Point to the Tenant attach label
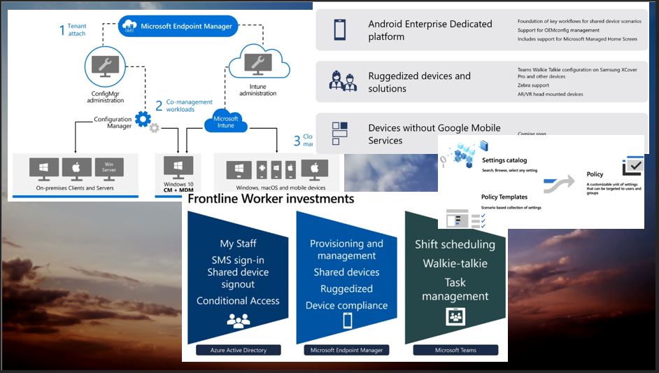(73, 30)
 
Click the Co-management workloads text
(189, 106)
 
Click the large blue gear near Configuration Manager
(143, 119)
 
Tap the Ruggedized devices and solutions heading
(419, 82)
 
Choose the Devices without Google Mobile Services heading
(434, 134)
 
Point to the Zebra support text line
(534, 85)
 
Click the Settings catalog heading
(504, 160)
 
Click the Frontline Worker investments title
(270, 199)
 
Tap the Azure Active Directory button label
(238, 350)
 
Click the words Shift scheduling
(455, 244)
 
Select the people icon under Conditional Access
(238, 321)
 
